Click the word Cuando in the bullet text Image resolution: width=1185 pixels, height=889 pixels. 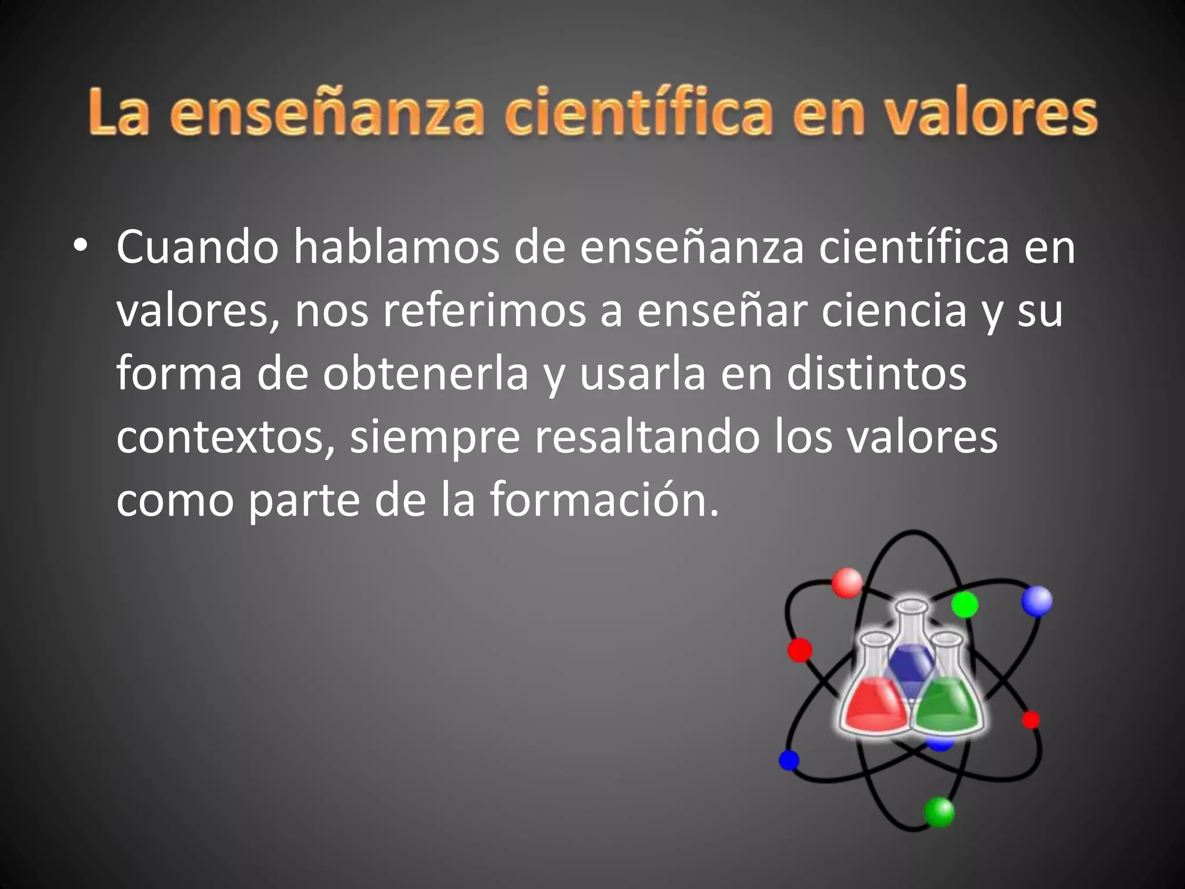tap(197, 247)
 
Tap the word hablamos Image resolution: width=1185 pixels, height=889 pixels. tap(396, 247)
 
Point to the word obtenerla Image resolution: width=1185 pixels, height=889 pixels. tap(426, 374)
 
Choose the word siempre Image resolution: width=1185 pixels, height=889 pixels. tap(435, 439)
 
